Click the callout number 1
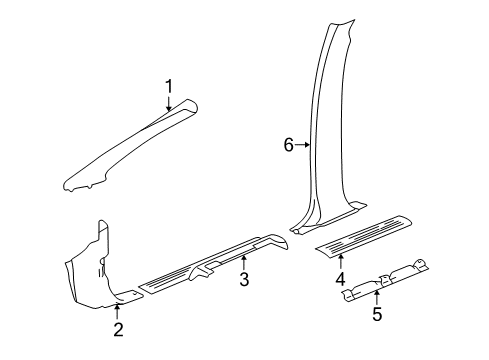point(169,86)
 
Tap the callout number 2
point(118,331)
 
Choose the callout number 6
point(289,145)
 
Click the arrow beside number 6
point(303,145)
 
